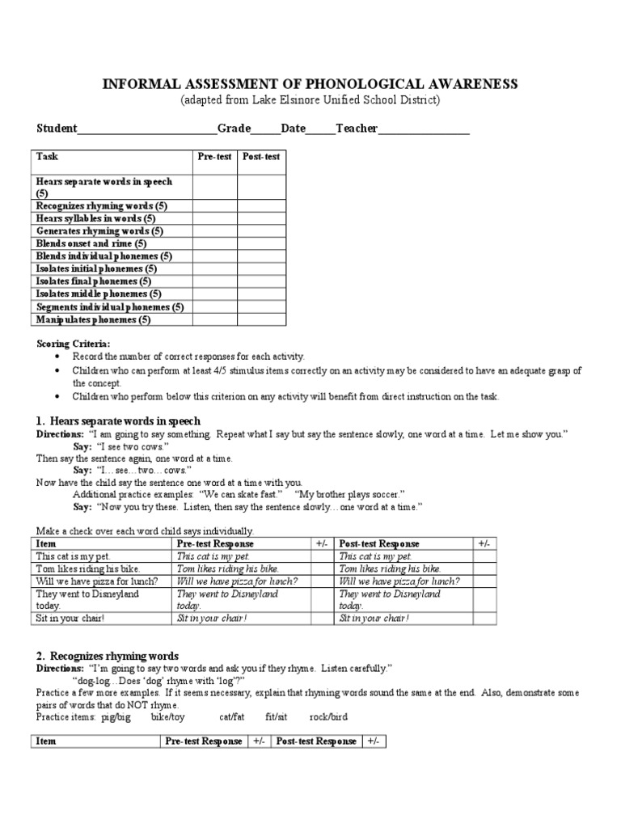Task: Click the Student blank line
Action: [x=146, y=129]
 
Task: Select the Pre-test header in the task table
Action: [x=214, y=157]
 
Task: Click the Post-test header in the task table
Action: [x=260, y=157]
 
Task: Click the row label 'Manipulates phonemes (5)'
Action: [x=94, y=319]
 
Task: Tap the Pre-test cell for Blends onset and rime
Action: [x=214, y=243]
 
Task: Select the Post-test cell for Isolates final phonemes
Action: [x=260, y=281]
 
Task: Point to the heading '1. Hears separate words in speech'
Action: [x=118, y=421]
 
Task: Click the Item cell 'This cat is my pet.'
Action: [x=74, y=556]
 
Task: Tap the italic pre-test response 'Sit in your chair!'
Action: [x=212, y=618]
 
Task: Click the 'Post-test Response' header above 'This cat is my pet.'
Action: [x=379, y=544]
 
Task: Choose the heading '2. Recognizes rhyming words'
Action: [x=108, y=656]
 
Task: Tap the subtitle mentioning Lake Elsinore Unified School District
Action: [x=310, y=99]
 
